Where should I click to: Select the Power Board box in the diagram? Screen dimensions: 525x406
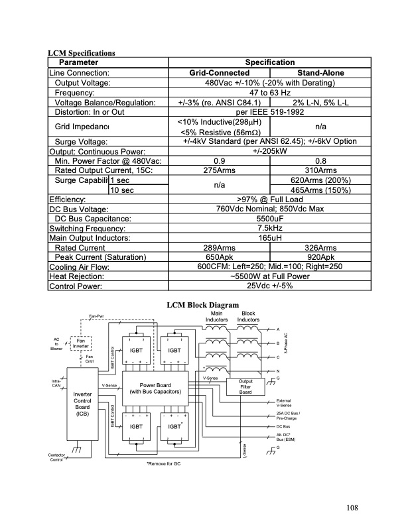[156, 388]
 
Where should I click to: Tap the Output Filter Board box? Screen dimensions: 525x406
[245, 386]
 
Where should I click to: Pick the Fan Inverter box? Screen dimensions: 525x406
[82, 343]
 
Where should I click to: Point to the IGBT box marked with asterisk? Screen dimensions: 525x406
[175, 428]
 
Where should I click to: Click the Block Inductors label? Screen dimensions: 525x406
[249, 316]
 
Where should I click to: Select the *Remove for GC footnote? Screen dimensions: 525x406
[163, 463]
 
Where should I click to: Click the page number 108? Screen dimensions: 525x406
[351, 508]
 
